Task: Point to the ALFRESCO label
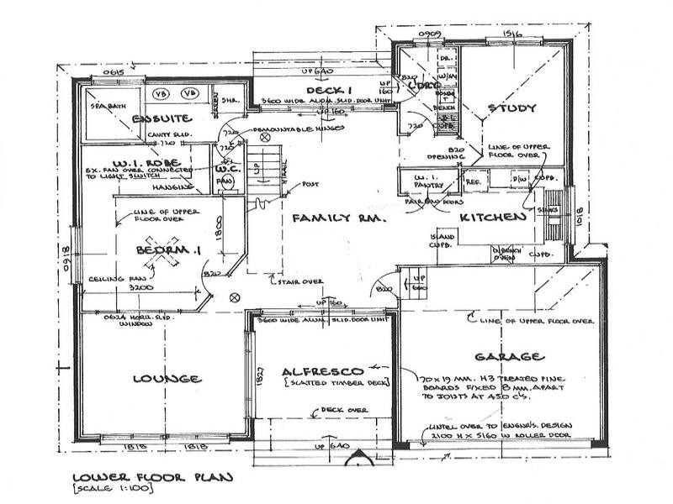(x=322, y=370)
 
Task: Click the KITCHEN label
(x=493, y=217)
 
